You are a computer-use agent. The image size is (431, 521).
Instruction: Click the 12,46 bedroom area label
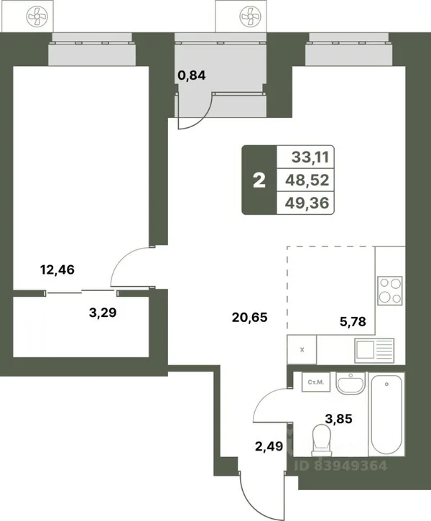pos(57,269)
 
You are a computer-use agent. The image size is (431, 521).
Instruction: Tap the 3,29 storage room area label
pos(103,313)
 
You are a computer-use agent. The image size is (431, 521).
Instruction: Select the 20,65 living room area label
pos(250,318)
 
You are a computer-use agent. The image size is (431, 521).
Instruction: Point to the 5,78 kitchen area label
pos(353,321)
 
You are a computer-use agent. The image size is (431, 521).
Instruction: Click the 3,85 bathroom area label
pos(338,419)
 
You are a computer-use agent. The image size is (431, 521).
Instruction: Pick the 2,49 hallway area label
pos(269,446)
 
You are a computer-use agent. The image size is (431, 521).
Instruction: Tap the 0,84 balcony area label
pos(192,75)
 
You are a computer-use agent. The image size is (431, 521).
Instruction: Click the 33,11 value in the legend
pos(310,157)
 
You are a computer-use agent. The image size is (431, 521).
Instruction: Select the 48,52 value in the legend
pos(307,180)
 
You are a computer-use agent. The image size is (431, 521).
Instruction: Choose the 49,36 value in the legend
pos(307,203)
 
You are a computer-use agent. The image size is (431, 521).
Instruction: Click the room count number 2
pos(259,181)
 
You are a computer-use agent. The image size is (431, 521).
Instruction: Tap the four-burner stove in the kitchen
pos(390,291)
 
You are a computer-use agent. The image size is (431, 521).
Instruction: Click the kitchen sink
pos(374,351)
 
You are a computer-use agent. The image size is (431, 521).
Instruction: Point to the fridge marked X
pos(302,349)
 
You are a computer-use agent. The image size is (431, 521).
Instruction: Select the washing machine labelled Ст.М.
pos(316,382)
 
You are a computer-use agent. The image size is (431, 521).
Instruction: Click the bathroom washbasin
pos(351,383)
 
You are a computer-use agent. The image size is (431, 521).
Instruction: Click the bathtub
pos(386,415)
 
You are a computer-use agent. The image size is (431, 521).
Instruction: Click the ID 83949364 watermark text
pos(340,466)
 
